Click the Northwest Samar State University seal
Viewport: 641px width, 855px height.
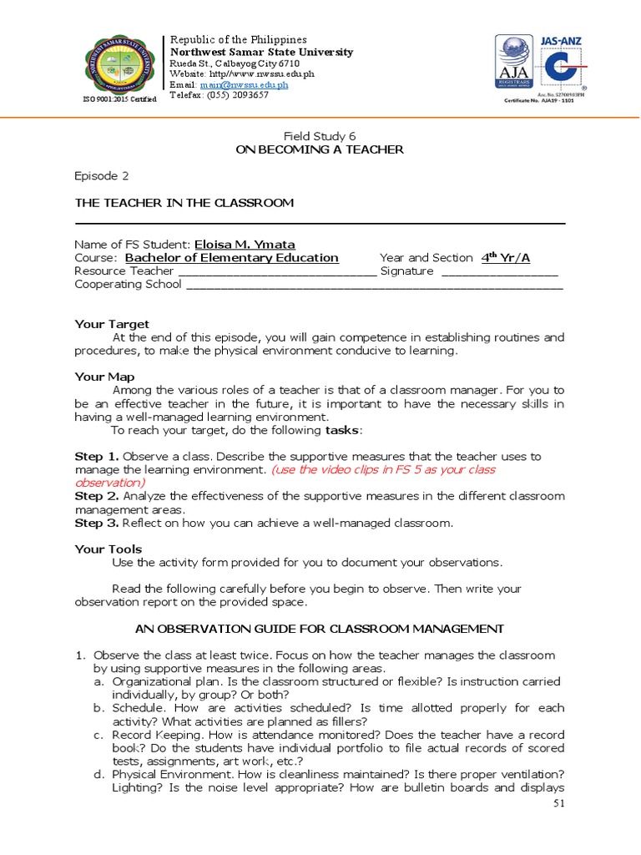click(x=119, y=67)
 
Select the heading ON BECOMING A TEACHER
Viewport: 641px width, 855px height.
click(x=320, y=149)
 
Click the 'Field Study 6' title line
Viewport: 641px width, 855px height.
click(x=320, y=135)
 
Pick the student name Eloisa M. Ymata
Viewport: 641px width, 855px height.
click(x=245, y=244)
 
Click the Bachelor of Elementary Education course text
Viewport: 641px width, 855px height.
click(x=231, y=258)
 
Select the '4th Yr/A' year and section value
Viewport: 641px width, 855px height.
click(x=506, y=258)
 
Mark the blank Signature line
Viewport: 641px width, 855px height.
click(x=499, y=271)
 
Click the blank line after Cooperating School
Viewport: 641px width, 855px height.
click(x=374, y=285)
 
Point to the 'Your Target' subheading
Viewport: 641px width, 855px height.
click(x=112, y=324)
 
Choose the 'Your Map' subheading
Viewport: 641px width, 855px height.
click(x=104, y=377)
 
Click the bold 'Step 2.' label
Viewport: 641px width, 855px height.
click(x=96, y=496)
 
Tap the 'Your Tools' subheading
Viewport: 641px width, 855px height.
click(x=109, y=549)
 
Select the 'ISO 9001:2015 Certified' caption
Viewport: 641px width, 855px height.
click(x=119, y=99)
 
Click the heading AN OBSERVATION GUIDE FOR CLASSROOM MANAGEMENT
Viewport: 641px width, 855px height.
click(x=320, y=628)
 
